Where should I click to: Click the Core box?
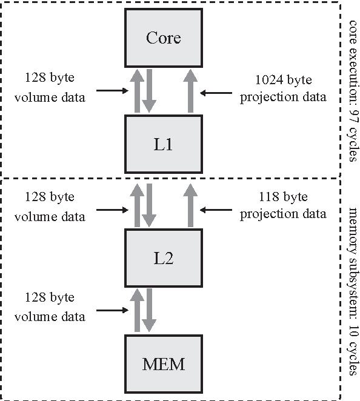coord(164,38)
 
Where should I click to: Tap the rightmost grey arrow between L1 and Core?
coord(190,91)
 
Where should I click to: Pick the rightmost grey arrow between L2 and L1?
coord(190,206)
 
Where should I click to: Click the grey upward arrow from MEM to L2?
coord(137,310)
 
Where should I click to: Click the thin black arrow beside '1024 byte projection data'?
coord(213,93)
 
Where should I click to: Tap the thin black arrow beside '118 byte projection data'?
coord(213,210)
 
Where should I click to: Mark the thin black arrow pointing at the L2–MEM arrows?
coord(113,312)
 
